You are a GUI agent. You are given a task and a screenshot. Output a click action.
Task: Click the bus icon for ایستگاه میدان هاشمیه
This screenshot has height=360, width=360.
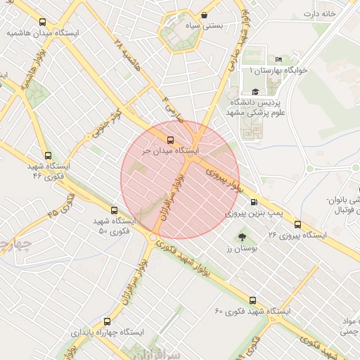pyautogui.click(x=44, y=22)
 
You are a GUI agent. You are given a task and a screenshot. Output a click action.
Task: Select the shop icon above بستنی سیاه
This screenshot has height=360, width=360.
pyautogui.click(x=204, y=14)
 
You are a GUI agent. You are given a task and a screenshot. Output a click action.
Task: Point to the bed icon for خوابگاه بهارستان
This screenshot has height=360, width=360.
pyautogui.click(x=278, y=59)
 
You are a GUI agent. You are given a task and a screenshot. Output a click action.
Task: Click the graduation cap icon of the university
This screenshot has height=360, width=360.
pyautogui.click(x=255, y=91)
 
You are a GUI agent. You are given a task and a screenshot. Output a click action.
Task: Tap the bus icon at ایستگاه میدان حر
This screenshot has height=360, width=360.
pyautogui.click(x=169, y=139)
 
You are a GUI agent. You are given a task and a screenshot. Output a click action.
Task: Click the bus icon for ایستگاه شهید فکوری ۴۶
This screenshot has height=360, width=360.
pyautogui.click(x=47, y=156)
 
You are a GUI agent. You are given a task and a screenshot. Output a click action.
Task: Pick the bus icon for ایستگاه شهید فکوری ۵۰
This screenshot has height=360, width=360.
pyautogui.click(x=115, y=210)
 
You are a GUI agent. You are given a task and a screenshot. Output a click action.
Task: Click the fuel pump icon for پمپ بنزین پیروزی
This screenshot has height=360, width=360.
pyautogui.click(x=253, y=200)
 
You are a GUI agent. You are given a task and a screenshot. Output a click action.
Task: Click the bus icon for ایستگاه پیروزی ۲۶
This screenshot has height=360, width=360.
pyautogui.click(x=297, y=224)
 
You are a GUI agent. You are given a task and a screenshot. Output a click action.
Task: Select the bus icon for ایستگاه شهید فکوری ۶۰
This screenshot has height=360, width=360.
pyautogui.click(x=253, y=300)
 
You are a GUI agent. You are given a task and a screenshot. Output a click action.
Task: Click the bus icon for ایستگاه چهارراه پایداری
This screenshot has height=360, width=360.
pyautogui.click(x=107, y=321)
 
